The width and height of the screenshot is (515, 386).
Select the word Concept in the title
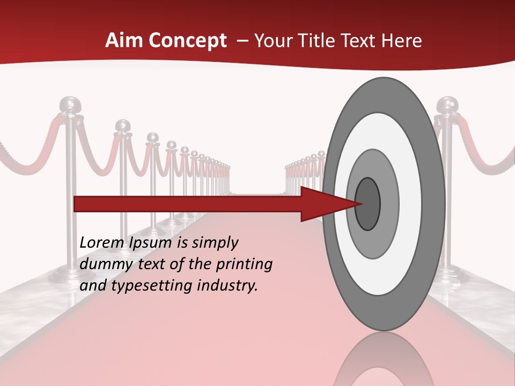(x=187, y=41)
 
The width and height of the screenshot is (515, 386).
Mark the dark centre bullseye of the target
(x=367, y=204)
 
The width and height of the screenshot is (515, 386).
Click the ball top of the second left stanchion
(x=123, y=126)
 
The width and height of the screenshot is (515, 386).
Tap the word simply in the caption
(x=215, y=243)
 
